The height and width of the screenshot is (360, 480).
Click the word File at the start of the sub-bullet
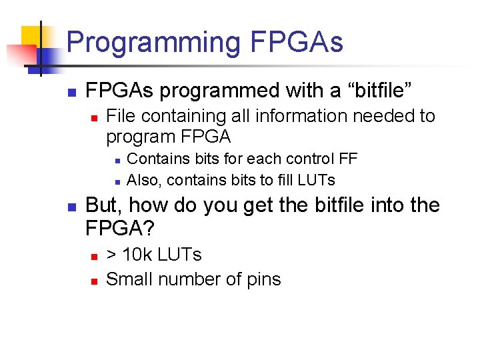point(120,116)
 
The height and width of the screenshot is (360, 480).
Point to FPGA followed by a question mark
point(120,229)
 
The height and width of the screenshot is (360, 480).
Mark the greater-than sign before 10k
point(112,255)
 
